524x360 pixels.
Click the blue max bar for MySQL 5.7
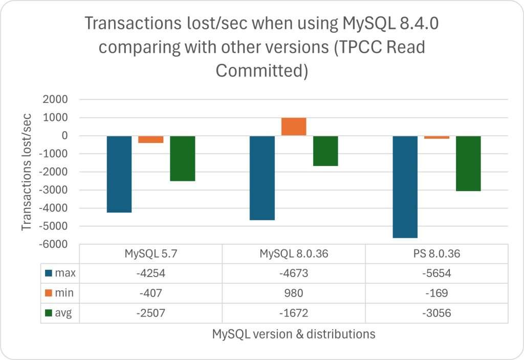pyautogui.click(x=119, y=174)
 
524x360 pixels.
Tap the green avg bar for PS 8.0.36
pyautogui.click(x=468, y=163)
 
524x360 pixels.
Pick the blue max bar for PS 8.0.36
pyautogui.click(x=405, y=187)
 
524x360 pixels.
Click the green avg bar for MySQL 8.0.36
pyautogui.click(x=325, y=151)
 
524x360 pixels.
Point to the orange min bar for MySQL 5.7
pyautogui.click(x=151, y=139)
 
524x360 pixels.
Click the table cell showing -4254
pyautogui.click(x=151, y=273)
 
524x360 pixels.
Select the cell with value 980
pyautogui.click(x=294, y=293)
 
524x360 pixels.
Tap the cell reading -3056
pyautogui.click(x=436, y=312)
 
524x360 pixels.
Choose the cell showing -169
pyautogui.click(x=436, y=293)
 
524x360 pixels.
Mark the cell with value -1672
pyautogui.click(x=294, y=312)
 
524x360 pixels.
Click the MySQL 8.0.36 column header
pyautogui.click(x=294, y=254)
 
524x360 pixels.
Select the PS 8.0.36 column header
pyautogui.click(x=436, y=254)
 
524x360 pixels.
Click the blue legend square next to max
pyautogui.click(x=49, y=273)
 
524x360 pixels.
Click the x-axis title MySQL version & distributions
pyautogui.click(x=294, y=334)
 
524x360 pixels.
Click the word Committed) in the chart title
pyautogui.click(x=261, y=71)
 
